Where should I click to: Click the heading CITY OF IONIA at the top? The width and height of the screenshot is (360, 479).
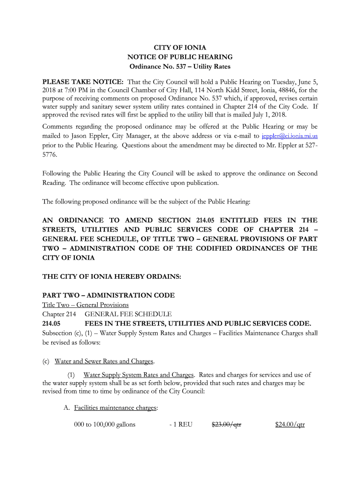pyautogui.click(x=180, y=48)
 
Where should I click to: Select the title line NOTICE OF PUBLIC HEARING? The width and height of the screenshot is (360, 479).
pyautogui.click(x=180, y=57)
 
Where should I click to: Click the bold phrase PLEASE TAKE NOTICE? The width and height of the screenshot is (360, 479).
pyautogui.click(x=83, y=80)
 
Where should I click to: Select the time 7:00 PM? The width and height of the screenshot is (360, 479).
pyautogui.click(x=74, y=90)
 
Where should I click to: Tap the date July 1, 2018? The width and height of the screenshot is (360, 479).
pyautogui.click(x=271, y=115)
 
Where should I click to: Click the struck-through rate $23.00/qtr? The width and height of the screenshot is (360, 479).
pyautogui.click(x=226, y=425)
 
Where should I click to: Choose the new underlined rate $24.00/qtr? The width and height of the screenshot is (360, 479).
pyautogui.click(x=290, y=425)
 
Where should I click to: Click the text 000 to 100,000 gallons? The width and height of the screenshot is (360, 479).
pyautogui.click(x=105, y=425)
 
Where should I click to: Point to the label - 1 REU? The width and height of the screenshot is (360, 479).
pyautogui.click(x=181, y=425)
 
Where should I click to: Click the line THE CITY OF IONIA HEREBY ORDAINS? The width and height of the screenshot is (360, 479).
pyautogui.click(x=112, y=276)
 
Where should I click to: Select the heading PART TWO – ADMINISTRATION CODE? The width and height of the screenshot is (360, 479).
pyautogui.click(x=108, y=295)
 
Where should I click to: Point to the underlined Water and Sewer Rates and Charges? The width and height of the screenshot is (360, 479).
pyautogui.click(x=104, y=361)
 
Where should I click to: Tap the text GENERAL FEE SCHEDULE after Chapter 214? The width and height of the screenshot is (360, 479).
pyautogui.click(x=128, y=314)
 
